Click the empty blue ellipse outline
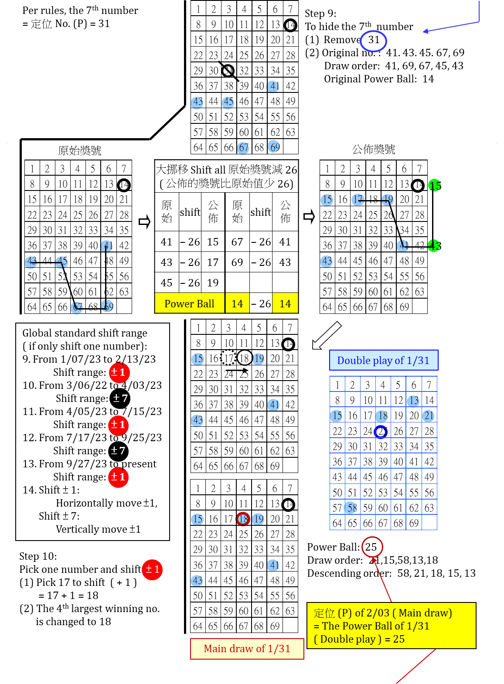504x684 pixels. [x=373, y=41]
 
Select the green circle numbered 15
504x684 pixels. [x=434, y=185]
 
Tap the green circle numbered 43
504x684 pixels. [x=434, y=245]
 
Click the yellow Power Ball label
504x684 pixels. [x=190, y=303]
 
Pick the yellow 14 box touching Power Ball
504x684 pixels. [x=237, y=303]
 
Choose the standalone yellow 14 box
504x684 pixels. [x=285, y=303]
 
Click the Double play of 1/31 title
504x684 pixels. [x=383, y=361]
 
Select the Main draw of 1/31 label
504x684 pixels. [x=247, y=649]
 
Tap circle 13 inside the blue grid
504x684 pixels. [x=413, y=401]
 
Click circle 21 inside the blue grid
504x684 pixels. [x=428, y=416]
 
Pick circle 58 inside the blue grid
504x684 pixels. [x=350, y=507]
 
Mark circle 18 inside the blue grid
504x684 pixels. [x=381, y=416]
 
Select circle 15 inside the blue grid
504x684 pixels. [x=336, y=416]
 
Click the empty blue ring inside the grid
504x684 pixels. [x=381, y=432]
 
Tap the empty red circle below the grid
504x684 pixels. [x=372, y=547]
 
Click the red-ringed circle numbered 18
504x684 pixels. [x=243, y=519]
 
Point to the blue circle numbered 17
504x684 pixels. [x=358, y=200]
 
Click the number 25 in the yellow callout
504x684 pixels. [x=399, y=639]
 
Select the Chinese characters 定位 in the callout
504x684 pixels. [x=324, y=613]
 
